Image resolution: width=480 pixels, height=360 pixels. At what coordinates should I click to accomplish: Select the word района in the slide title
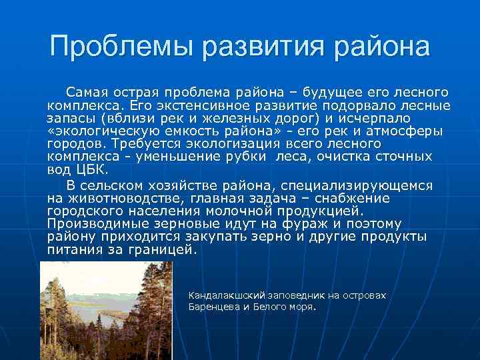(382, 47)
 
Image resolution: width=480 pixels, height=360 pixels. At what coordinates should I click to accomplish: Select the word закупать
(218, 237)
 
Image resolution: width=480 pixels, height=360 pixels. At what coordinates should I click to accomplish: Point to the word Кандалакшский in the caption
(227, 294)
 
